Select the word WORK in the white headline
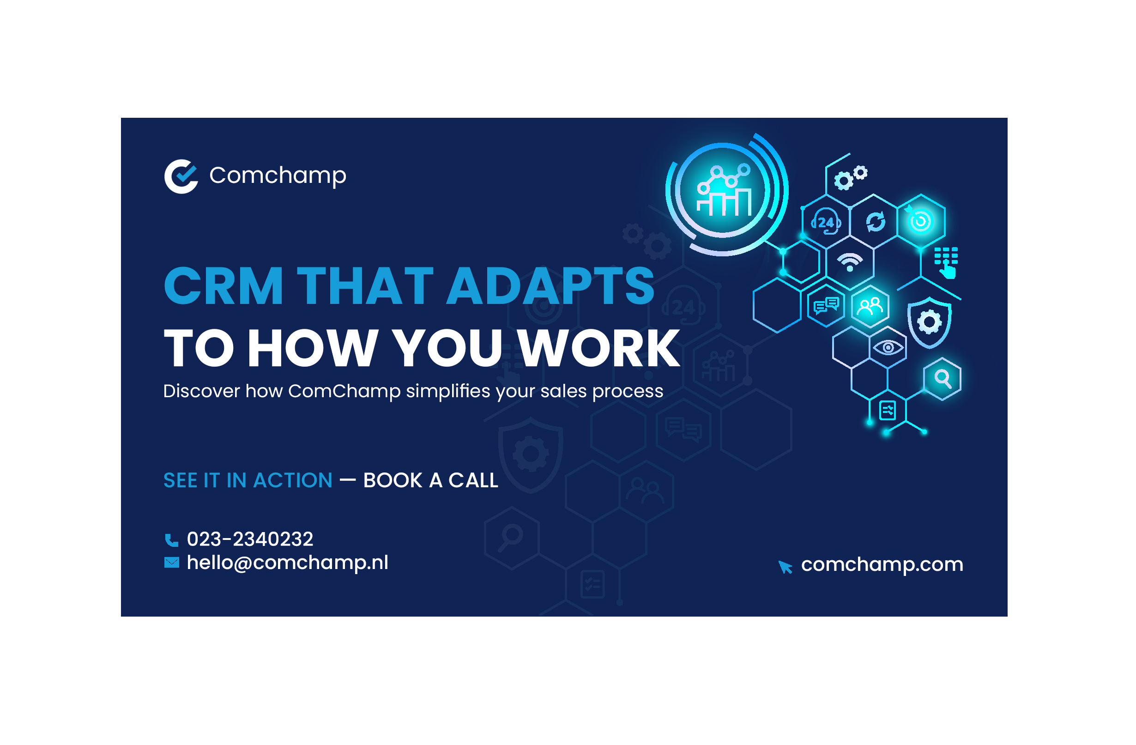[x=599, y=348]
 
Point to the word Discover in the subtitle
[x=201, y=391]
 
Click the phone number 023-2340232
[x=250, y=539]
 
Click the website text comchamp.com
[x=882, y=565]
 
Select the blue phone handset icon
[x=171, y=540]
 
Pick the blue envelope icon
[x=172, y=563]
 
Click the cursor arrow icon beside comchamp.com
[x=785, y=567]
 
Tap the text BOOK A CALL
[x=430, y=480]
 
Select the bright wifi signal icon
[x=850, y=262]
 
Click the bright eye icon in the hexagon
[x=888, y=348]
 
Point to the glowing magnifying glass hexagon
[x=942, y=379]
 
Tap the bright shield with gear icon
[x=929, y=323]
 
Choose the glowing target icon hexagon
[x=921, y=221]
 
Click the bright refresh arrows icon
[x=876, y=222]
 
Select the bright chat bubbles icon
[x=826, y=305]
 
